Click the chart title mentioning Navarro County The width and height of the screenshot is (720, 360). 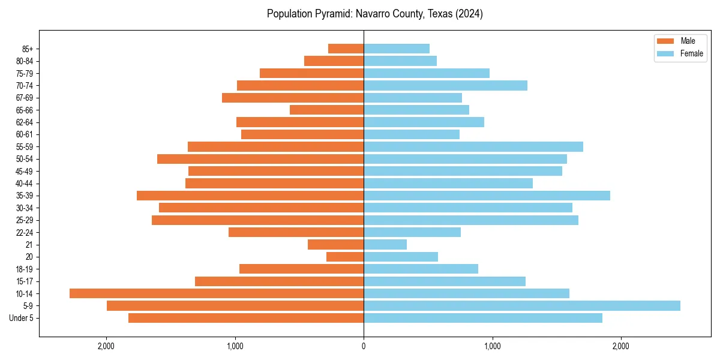coord(375,14)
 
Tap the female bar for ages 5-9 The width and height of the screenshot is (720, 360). coord(521,306)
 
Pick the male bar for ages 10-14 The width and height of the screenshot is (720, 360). coord(217,293)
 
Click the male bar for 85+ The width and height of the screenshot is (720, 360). coord(346,49)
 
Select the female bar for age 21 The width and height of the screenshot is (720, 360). coord(385,245)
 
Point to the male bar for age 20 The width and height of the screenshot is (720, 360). coord(345,257)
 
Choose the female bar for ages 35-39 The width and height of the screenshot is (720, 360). coord(487,196)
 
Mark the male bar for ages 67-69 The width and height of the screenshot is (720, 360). coord(293,98)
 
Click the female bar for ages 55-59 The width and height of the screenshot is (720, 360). coord(473,146)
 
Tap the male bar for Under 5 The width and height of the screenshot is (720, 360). coord(246,318)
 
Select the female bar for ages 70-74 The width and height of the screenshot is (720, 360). coord(445,85)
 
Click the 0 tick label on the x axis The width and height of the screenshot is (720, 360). coord(364,346)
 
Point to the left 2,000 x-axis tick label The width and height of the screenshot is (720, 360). coord(106,346)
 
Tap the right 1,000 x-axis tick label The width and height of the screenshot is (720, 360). coord(492,346)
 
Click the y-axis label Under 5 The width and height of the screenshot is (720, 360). coord(22,318)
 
